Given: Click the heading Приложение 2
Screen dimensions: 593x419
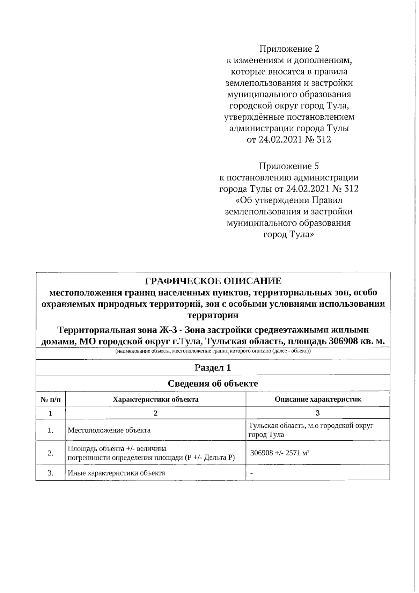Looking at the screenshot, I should pos(289,49).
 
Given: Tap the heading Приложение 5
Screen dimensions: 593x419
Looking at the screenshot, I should pos(289,166).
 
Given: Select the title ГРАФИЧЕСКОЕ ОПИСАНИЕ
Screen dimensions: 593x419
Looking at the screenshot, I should pos(213,281).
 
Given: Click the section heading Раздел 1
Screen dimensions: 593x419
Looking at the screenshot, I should pos(213,367).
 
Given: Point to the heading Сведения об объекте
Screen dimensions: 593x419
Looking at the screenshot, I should pos(213,383).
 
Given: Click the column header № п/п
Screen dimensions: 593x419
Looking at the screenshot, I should pos(51,399).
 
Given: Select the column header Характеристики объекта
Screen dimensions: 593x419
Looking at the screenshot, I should pos(155,399).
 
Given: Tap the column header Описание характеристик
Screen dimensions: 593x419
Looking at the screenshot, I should pos(318,399).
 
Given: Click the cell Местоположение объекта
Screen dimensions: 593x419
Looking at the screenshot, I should pos(109,430).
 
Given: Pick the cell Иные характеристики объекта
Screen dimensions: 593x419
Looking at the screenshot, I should pos(116,473).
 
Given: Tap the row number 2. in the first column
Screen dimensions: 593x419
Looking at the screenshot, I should pos(51,453).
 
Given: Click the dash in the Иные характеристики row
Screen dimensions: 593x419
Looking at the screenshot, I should pos(252,474).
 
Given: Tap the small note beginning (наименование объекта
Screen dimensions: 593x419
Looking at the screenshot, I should pos(213,351).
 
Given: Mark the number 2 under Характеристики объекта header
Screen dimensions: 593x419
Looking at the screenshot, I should pos(155,413).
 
